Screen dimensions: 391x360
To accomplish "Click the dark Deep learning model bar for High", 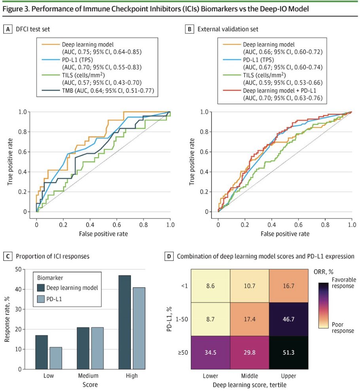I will [x=125, y=322].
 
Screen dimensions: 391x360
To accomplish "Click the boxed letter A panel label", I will [x=7, y=29].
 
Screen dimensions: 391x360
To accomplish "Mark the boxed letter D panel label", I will [x=169, y=256].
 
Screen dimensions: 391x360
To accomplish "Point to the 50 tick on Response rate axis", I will [x=18, y=270].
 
